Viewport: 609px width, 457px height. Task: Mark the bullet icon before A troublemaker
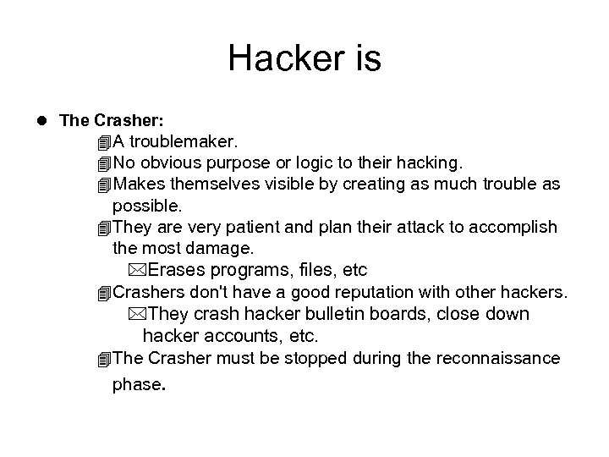click(x=104, y=140)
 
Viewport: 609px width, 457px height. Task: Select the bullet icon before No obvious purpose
click(x=104, y=162)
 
